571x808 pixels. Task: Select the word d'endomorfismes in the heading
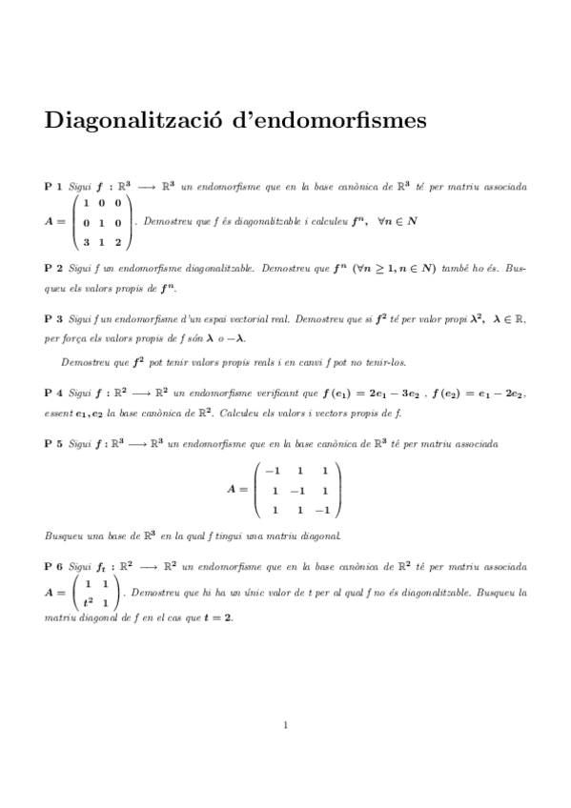pos(322,122)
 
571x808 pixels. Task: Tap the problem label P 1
pos(53,187)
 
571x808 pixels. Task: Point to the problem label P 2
pos(53,270)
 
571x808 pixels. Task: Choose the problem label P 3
pos(53,320)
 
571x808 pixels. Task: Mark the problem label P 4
pos(53,392)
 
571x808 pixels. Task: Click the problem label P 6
pos(53,565)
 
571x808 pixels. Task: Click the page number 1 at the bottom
pos(285,725)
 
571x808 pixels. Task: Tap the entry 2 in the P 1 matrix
pos(117,241)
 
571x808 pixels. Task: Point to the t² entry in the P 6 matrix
pos(88,602)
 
